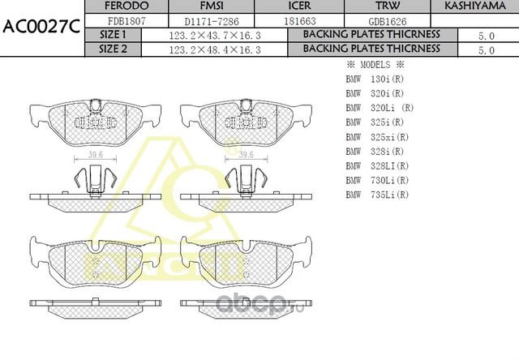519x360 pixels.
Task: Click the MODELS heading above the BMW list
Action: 375,64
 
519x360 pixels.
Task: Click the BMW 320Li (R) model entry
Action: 380,108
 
